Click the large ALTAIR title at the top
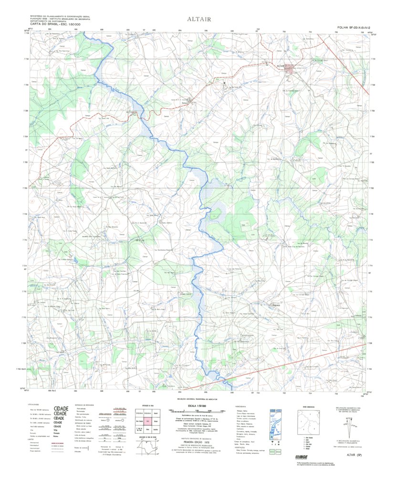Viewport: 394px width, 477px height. click(197, 20)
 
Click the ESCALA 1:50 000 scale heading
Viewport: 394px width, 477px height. click(197, 405)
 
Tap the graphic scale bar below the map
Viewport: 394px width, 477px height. click(197, 411)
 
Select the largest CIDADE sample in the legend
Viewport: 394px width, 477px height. click(61, 409)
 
